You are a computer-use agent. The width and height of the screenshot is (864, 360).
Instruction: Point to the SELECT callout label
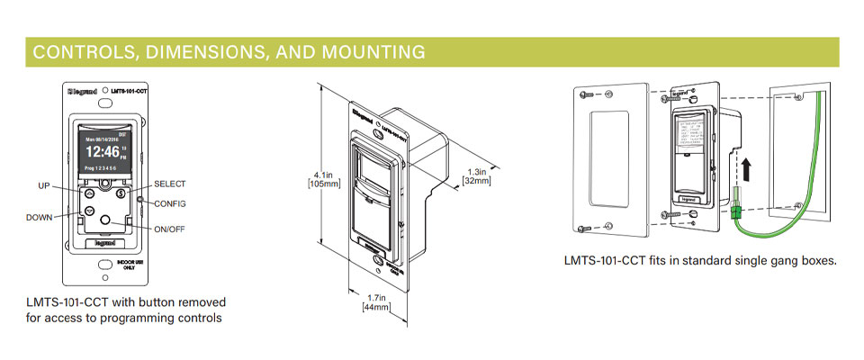169,184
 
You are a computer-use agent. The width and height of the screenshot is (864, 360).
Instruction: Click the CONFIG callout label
169,203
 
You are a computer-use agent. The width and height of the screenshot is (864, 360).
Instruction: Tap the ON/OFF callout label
169,229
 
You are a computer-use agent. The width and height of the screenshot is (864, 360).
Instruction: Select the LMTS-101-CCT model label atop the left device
128,92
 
